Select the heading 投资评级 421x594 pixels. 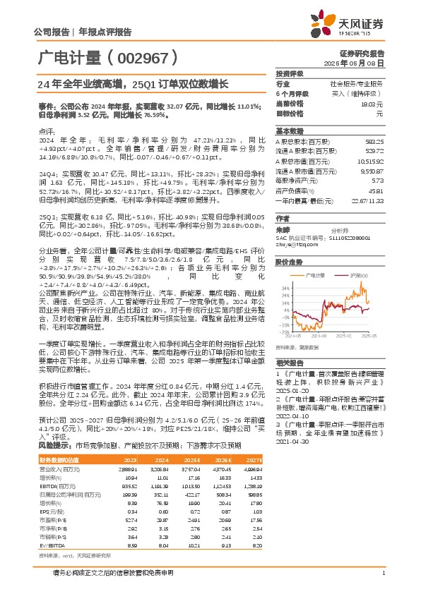290,73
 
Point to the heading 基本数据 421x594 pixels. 290,131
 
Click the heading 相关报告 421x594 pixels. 290,360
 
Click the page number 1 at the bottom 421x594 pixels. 383,571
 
